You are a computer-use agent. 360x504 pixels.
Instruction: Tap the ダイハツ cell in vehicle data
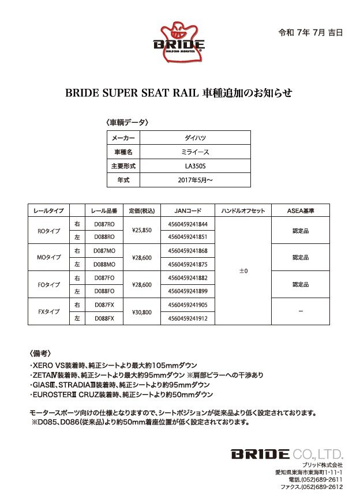tap(195, 139)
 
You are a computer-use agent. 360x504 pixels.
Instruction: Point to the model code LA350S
tap(195, 166)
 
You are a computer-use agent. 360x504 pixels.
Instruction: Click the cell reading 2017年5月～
tap(195, 180)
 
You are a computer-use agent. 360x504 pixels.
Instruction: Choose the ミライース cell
tap(195, 153)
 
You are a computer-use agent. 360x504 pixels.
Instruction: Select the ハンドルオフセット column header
tap(243, 210)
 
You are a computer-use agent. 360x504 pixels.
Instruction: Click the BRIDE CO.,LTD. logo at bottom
tap(287, 453)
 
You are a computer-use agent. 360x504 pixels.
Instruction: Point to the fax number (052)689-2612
tap(321, 487)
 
